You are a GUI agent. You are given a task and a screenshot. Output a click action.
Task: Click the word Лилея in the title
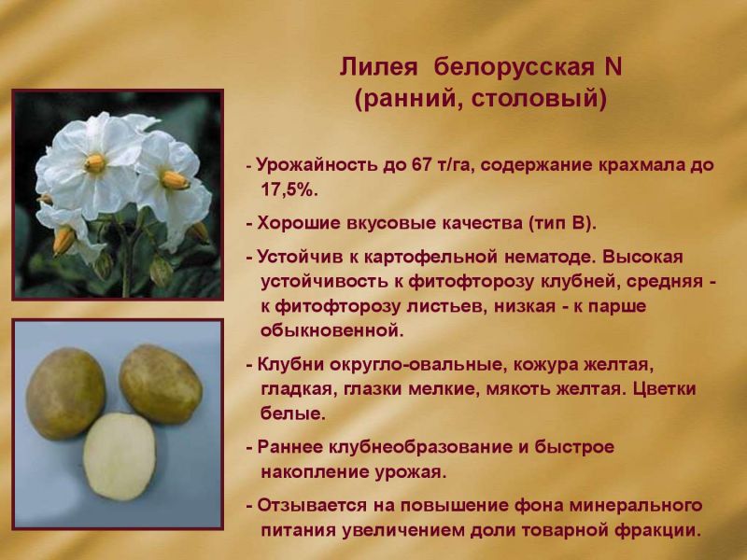click(x=378, y=67)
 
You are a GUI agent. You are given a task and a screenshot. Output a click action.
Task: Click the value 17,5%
click(x=289, y=190)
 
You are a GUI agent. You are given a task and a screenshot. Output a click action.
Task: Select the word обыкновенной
click(x=331, y=330)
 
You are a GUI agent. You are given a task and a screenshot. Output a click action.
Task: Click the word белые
click(x=293, y=413)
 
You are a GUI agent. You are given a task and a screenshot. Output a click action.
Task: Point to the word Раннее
click(x=289, y=448)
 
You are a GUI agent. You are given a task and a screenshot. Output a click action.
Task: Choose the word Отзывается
click(x=312, y=505)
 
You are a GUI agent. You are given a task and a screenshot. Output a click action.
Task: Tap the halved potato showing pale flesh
click(x=120, y=456)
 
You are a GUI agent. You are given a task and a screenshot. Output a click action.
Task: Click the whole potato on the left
click(x=65, y=393)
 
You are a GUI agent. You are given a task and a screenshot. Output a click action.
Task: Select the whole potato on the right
click(x=161, y=384)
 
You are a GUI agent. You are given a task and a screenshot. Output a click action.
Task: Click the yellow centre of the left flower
click(x=95, y=163)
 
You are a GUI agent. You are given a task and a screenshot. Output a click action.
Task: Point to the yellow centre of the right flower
click(x=175, y=180)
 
